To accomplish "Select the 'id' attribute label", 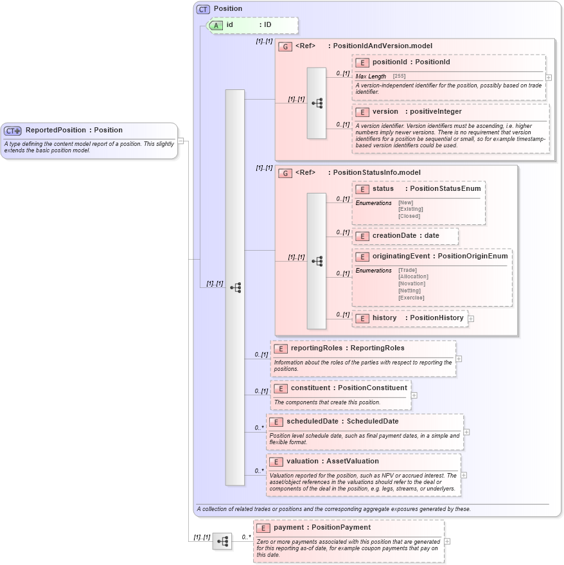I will tap(229, 24).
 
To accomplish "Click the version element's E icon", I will tap(362, 112).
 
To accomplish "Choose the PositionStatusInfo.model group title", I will tap(376, 172).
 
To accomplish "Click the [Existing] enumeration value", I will tap(410, 209).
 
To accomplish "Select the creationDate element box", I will tap(405, 236).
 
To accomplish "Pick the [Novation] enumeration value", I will tap(412, 283).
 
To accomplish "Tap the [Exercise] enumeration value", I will tap(411, 298).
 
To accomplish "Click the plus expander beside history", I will tap(471, 318).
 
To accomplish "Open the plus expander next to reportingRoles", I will tap(458, 359).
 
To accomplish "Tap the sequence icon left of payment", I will tap(222, 541).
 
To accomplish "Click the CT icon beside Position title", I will tap(203, 9).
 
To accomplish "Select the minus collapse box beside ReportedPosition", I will tap(181, 141).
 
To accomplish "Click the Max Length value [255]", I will tap(398, 76).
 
